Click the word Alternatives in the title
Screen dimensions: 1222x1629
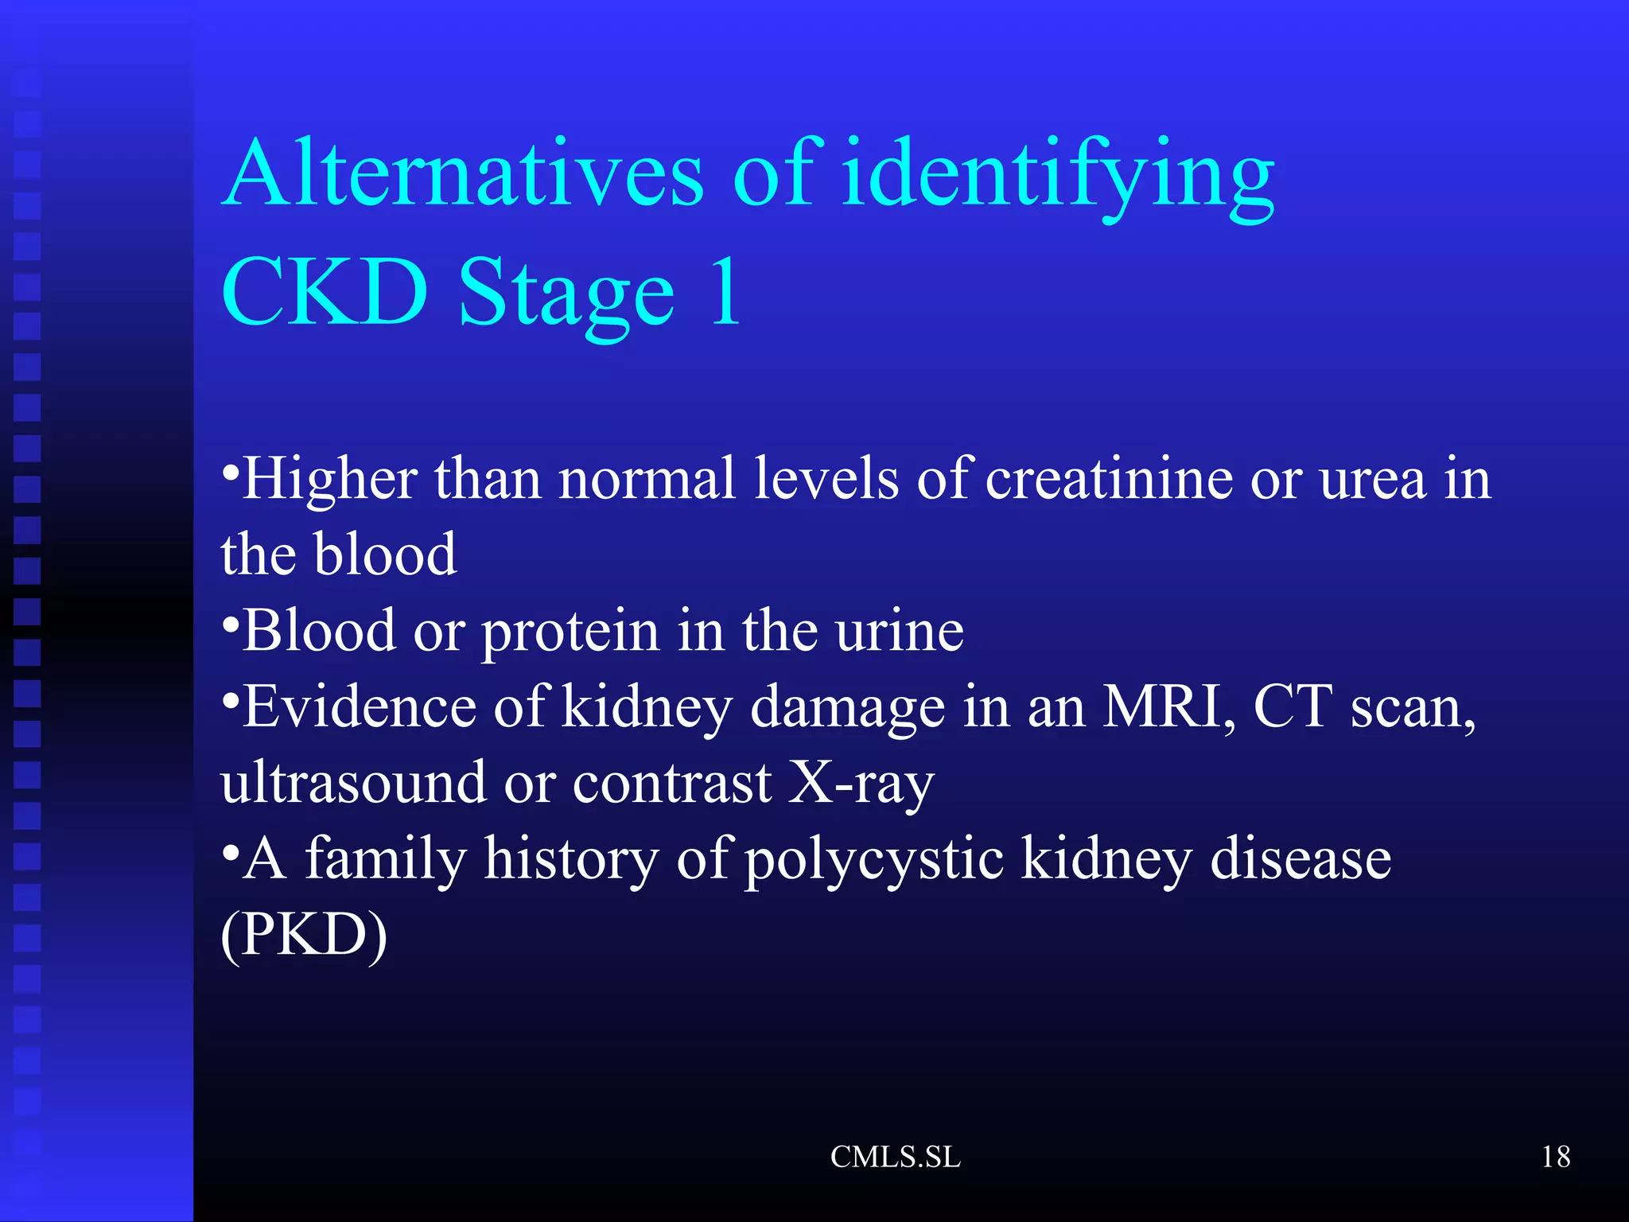coord(464,173)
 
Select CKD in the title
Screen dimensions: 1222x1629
coord(325,293)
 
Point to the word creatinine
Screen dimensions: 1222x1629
coord(1109,479)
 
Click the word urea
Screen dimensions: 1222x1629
coord(1373,479)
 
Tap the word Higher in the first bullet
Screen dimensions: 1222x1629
coord(329,479)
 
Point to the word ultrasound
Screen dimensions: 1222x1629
coord(352,781)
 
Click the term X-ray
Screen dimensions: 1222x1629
coord(861,783)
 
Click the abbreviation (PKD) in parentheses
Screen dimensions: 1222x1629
coord(304,934)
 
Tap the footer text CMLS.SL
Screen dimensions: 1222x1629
coord(896,1157)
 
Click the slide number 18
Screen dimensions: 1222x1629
coord(1556,1157)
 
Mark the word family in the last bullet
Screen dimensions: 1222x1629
coord(385,859)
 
